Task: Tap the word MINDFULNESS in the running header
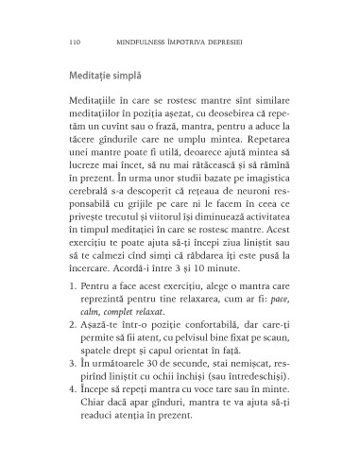pos(146,42)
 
